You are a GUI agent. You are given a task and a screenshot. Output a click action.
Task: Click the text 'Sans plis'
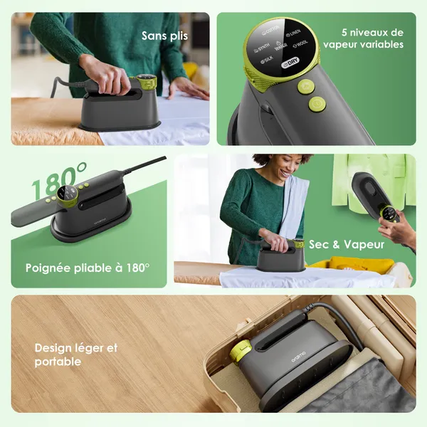pyautogui.click(x=164, y=36)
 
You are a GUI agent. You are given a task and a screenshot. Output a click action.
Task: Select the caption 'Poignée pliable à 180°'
pyautogui.click(x=88, y=268)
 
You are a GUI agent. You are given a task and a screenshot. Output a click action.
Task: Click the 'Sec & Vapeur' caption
pyautogui.click(x=347, y=244)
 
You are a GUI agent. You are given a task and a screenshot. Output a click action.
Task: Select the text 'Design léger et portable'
pyautogui.click(x=75, y=354)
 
